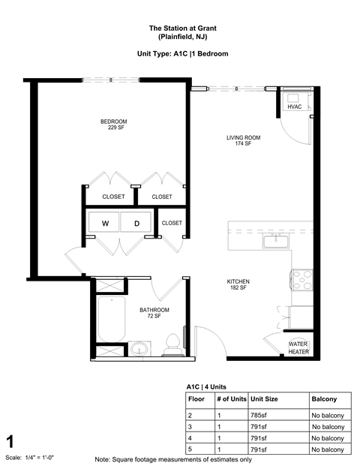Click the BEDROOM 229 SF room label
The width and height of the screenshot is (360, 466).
click(114, 125)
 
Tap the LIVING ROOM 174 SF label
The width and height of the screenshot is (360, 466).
click(243, 140)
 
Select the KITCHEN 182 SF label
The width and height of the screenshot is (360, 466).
click(238, 284)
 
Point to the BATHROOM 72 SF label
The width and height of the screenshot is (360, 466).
click(154, 313)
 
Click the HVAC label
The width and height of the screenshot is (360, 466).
click(294, 107)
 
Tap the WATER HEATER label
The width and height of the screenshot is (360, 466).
click(298, 347)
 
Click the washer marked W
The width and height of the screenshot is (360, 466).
click(106, 224)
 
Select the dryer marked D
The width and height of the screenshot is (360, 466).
click(136, 224)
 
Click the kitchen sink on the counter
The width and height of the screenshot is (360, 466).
click(275, 240)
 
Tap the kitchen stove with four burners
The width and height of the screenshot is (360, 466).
click(301, 280)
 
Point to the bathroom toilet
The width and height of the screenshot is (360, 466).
click(172, 343)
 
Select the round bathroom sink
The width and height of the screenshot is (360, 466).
click(137, 349)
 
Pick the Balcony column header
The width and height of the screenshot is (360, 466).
click(324, 399)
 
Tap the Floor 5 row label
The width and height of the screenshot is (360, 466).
click(191, 449)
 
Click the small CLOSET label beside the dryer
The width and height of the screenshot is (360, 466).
click(172, 223)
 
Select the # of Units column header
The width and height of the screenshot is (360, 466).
click(231, 399)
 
